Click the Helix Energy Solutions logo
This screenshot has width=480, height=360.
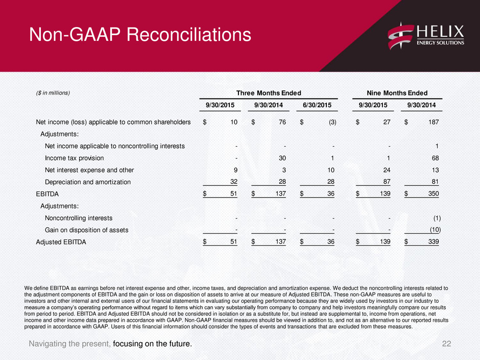(x=426, y=36)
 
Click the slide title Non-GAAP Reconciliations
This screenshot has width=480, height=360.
(x=140, y=34)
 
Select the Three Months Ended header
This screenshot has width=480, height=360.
(x=269, y=93)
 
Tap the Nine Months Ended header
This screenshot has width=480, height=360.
(x=397, y=93)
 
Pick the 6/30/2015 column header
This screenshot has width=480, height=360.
(x=317, y=105)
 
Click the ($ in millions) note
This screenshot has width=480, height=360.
(x=53, y=93)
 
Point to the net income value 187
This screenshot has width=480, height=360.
(x=434, y=122)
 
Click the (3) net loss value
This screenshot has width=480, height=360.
(x=332, y=122)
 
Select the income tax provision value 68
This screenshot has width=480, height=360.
(x=435, y=158)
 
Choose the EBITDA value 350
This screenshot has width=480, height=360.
(x=434, y=194)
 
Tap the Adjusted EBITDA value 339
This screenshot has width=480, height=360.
(x=434, y=242)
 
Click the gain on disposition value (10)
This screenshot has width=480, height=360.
(x=435, y=230)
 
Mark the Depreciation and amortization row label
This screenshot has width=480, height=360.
(x=87, y=182)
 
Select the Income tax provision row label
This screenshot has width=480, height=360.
(x=75, y=158)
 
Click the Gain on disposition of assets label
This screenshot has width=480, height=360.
(x=87, y=230)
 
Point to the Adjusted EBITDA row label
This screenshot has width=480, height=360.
(x=61, y=242)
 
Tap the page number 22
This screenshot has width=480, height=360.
(x=446, y=344)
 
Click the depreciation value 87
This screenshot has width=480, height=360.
(x=387, y=182)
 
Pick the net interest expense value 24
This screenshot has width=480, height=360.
(x=387, y=170)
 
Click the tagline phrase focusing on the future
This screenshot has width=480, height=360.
(x=153, y=344)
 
